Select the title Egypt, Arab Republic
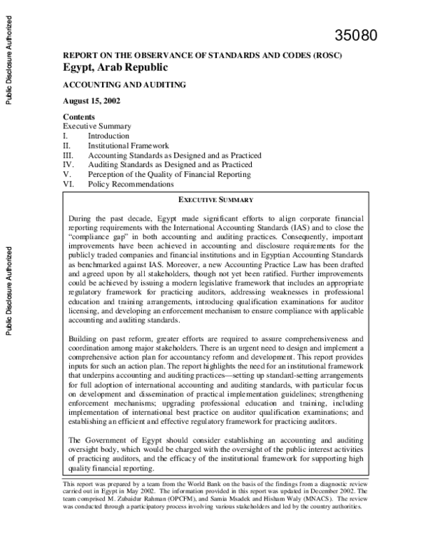116,68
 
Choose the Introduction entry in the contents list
108,136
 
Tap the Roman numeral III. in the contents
68,155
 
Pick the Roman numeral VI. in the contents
68,183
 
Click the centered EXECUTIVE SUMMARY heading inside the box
215,200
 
